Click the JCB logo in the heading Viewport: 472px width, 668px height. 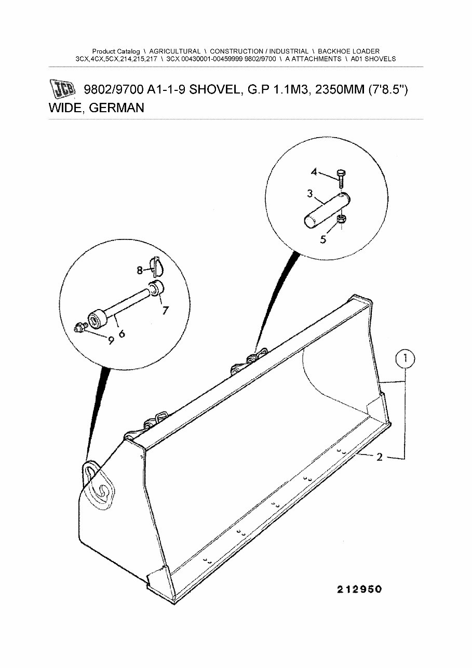click(62, 89)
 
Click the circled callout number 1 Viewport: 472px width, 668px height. click(406, 358)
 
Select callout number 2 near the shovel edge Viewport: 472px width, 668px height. click(380, 457)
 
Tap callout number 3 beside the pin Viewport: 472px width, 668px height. click(309, 194)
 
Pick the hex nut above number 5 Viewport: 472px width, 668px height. click(341, 220)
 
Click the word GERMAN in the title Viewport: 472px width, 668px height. click(116, 108)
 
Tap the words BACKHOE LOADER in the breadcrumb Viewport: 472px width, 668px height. click(348, 51)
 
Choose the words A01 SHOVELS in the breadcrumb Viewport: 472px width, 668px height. click(373, 59)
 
